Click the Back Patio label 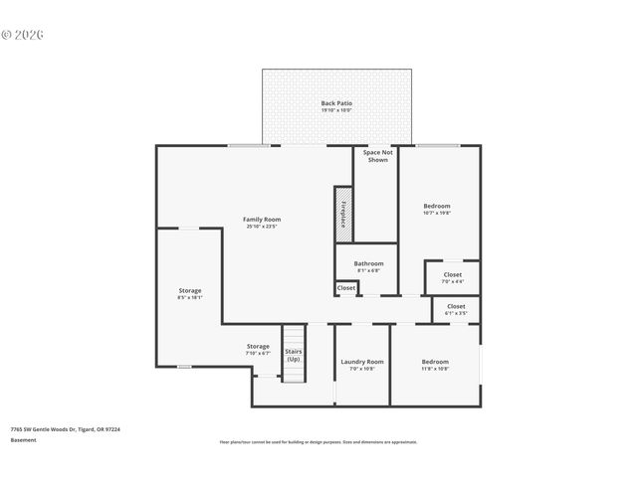pos(336,103)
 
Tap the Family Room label pos(263,219)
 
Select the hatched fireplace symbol pos(342,214)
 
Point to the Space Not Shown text pos(377,156)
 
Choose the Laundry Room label pos(361,362)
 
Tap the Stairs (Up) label pos(294,355)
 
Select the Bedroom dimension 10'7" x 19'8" pos(437,213)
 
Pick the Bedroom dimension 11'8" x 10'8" pos(435,369)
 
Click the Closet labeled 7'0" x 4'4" pos(452,278)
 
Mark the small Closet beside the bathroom pos(345,288)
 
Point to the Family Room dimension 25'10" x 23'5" pos(263,227)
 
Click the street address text pos(65,429)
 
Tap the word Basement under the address pos(23,439)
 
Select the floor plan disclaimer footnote pos(318,442)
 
